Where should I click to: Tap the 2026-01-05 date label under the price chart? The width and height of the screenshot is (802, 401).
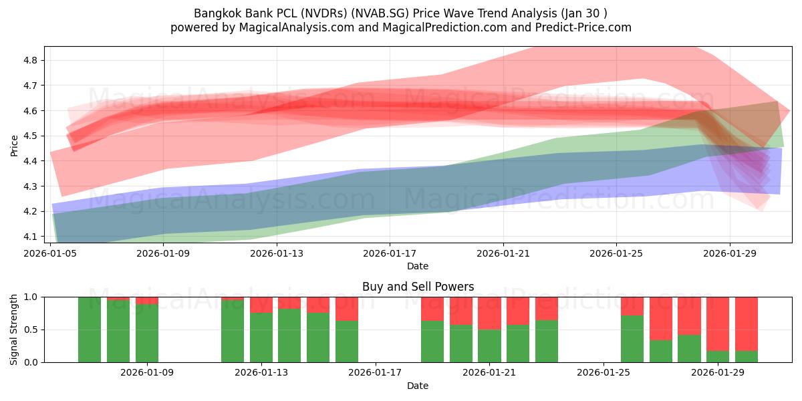coord(51,254)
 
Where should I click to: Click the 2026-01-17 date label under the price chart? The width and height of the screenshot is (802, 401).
coord(390,254)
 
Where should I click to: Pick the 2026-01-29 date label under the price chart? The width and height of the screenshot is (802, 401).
coord(728,254)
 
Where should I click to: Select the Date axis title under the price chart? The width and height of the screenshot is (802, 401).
coord(418,266)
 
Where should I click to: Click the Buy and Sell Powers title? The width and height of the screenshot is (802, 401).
coord(418,287)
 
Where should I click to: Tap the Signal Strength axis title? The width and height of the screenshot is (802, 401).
coord(14,329)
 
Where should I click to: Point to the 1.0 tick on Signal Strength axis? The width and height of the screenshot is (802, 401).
coord(32,297)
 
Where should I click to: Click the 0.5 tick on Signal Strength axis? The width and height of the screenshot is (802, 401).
coord(32,329)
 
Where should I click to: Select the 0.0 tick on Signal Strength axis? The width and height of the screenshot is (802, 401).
coord(32,362)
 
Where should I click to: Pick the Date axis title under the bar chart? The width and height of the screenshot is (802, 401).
coord(418,386)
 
